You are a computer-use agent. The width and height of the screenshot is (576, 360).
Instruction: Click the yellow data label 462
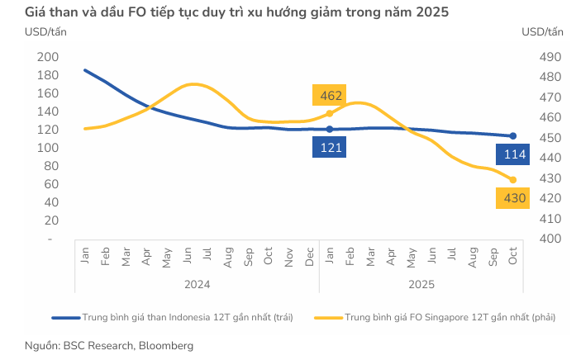[x=328, y=95]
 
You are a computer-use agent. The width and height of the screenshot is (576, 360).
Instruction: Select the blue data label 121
[x=328, y=148]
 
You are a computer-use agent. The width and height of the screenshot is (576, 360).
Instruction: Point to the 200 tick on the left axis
[x=48, y=57]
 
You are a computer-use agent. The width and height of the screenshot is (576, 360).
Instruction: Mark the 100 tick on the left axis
[x=48, y=148]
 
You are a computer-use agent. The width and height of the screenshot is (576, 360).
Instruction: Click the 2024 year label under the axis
[x=197, y=284]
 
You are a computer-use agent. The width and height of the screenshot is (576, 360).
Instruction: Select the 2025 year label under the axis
[x=421, y=284]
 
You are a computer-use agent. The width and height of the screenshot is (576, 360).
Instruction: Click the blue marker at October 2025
[x=512, y=136]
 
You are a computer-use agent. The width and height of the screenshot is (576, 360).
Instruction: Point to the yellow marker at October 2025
[x=512, y=180]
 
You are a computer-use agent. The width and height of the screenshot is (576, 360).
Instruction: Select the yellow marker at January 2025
[x=330, y=113]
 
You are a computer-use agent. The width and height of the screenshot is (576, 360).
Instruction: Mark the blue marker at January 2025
[x=330, y=129]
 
